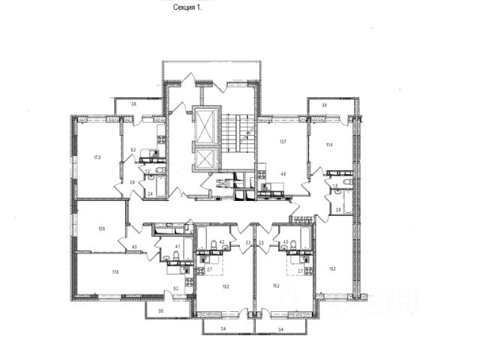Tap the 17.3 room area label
click(97, 158)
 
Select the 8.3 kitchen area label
click(132, 150)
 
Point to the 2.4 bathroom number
click(151, 194)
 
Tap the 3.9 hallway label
click(132, 182)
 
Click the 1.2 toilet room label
click(148, 172)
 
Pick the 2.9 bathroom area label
click(339, 209)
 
